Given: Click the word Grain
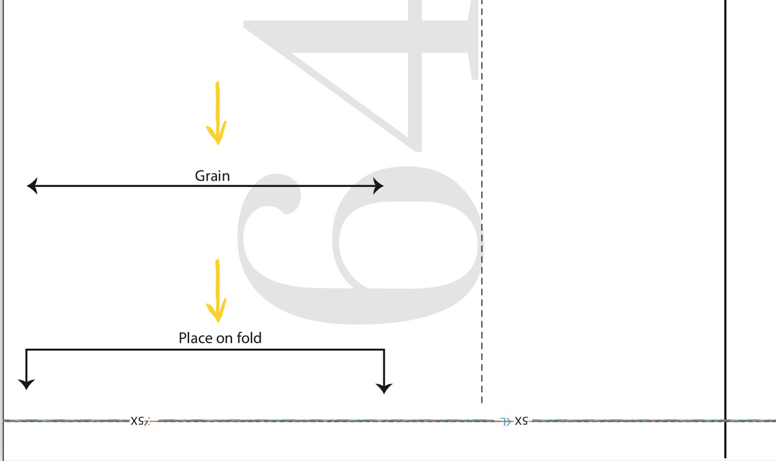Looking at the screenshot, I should (x=212, y=176).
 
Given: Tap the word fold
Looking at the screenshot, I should (x=249, y=338).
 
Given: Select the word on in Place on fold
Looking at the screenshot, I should (x=224, y=339).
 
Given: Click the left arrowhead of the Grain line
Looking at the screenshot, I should (x=32, y=186).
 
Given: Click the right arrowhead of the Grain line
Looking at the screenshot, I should (x=379, y=186).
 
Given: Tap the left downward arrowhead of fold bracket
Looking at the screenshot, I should (x=26, y=384).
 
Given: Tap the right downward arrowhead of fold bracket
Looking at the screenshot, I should (x=384, y=388).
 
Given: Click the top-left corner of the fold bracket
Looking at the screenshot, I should (x=26, y=349).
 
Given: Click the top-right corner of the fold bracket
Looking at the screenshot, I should (x=384, y=349).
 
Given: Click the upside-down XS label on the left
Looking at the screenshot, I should (x=138, y=421).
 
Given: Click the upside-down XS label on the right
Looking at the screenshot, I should (x=521, y=421).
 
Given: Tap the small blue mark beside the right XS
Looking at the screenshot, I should (x=505, y=422).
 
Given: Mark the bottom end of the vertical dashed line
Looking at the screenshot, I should (x=482, y=402).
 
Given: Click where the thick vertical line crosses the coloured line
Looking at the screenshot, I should (x=726, y=421).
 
